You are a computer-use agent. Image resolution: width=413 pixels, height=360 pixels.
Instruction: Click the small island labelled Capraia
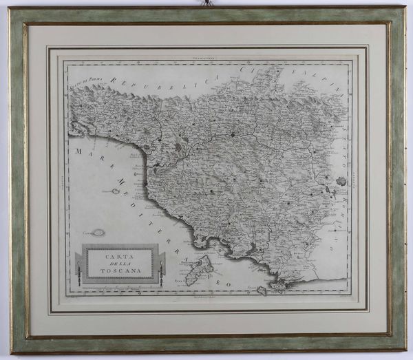pyautogui.click(x=98, y=233)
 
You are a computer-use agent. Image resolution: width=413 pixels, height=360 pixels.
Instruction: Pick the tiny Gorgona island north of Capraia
pyautogui.click(x=115, y=191)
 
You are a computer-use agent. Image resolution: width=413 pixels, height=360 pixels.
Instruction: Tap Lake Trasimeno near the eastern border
pyautogui.click(x=341, y=181)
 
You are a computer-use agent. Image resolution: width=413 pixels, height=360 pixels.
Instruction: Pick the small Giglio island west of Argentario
pyautogui.click(x=261, y=291)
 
